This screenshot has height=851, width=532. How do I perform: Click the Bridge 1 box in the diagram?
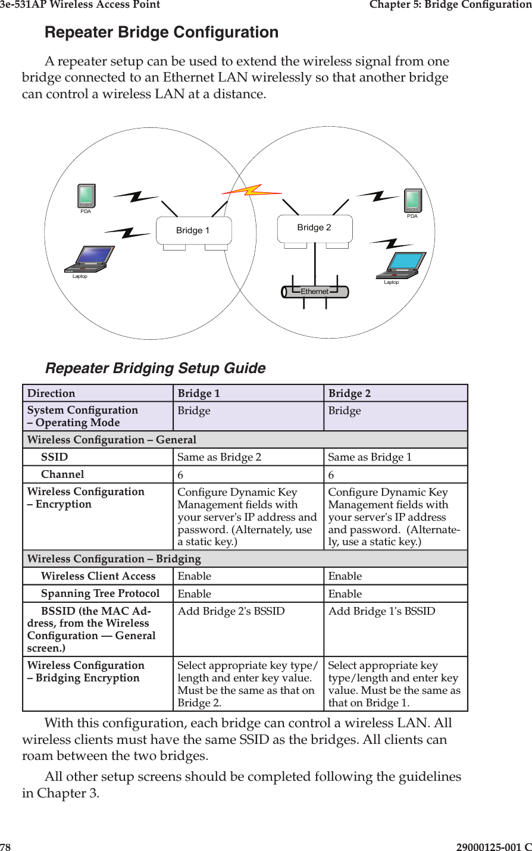[x=193, y=230]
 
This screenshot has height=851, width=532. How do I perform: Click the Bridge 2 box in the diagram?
[x=315, y=228]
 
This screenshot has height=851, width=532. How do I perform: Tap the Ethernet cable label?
[x=315, y=292]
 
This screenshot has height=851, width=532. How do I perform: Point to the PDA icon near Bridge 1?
[x=86, y=196]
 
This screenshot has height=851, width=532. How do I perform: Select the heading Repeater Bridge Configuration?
[x=162, y=32]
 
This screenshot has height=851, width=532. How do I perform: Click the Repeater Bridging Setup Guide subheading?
[x=155, y=368]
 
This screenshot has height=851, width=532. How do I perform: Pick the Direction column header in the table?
[x=52, y=393]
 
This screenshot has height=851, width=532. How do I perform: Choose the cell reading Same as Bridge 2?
[x=219, y=457]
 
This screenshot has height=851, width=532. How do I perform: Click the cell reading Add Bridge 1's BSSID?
[x=381, y=611]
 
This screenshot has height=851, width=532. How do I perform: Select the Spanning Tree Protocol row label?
[x=100, y=593]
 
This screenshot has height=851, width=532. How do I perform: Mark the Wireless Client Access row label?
[x=98, y=576]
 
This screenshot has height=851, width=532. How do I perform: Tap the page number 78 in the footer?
[x=5, y=846]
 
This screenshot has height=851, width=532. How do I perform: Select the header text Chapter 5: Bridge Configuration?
[x=450, y=5]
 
